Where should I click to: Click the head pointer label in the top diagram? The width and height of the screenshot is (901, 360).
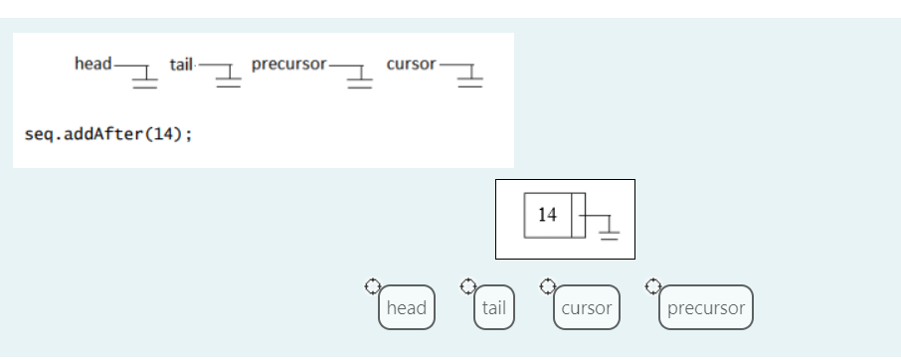pos(92,64)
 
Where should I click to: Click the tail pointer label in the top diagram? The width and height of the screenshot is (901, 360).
pos(181,64)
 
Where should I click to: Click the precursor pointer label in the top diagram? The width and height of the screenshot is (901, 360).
pos(288,64)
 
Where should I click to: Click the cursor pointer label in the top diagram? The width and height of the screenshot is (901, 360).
pos(411,64)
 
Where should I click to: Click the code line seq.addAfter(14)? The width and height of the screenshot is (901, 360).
pos(107,134)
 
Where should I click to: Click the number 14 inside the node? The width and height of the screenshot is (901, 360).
pos(547,215)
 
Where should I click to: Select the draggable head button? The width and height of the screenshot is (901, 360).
pos(406,307)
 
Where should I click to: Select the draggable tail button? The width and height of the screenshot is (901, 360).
pos(493,307)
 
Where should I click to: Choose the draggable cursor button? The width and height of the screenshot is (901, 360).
pos(587,307)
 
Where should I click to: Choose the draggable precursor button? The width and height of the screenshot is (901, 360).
pos(706,307)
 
